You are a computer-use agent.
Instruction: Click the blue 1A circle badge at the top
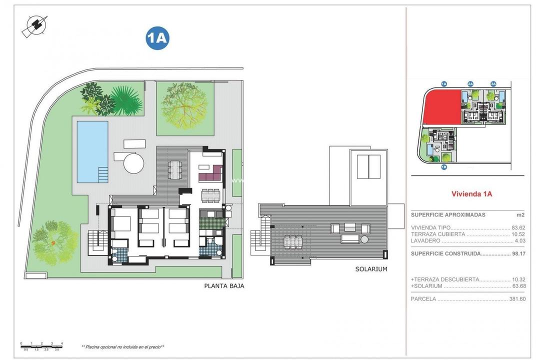(157, 38)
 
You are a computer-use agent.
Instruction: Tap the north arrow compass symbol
(35, 25)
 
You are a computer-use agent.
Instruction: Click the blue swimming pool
(92, 151)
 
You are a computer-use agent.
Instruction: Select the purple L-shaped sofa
(210, 174)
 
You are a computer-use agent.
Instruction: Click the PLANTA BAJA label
(224, 286)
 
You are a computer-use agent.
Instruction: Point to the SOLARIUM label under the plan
(371, 269)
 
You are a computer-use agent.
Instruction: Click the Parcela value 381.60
(516, 299)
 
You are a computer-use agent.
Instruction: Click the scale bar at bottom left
(41, 345)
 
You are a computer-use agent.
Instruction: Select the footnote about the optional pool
(122, 346)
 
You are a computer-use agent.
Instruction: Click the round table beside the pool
(133, 162)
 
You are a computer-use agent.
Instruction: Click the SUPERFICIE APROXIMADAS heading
(448, 214)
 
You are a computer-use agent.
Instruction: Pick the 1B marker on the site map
(443, 167)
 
